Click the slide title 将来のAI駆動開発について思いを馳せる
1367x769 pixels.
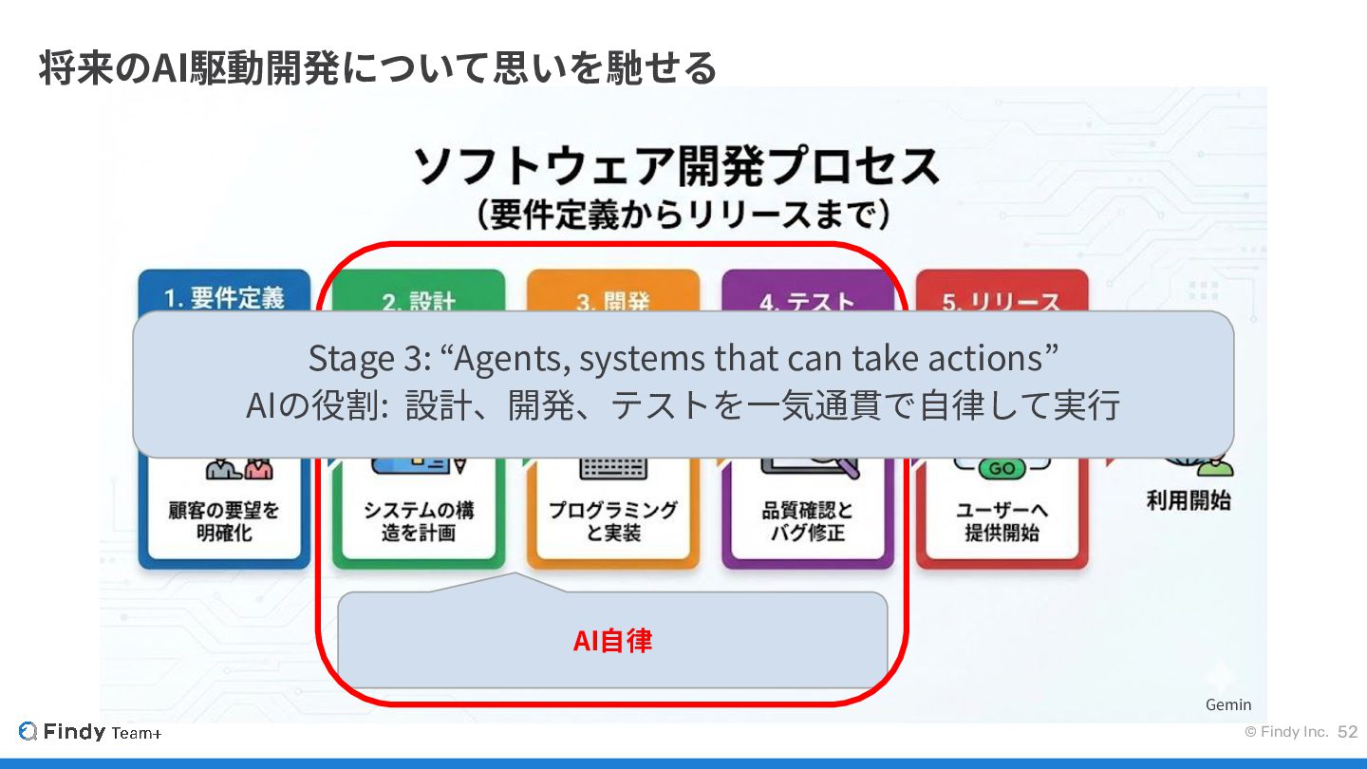pyautogui.click(x=377, y=68)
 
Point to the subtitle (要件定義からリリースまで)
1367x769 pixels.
pyautogui.click(x=683, y=216)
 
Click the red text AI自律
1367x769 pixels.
pyautogui.click(x=612, y=641)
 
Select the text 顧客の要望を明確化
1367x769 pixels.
pyautogui.click(x=224, y=521)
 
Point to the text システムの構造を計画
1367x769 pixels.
pyautogui.click(x=419, y=521)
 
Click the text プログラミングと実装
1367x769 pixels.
pyautogui.click(x=613, y=521)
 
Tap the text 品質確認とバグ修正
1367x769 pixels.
pyautogui.click(x=807, y=521)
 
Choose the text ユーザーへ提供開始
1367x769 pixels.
pyautogui.click(x=1002, y=521)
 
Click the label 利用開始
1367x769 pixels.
pyautogui.click(x=1188, y=500)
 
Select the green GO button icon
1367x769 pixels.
pyautogui.click(x=1002, y=468)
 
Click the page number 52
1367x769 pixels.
pyautogui.click(x=1348, y=732)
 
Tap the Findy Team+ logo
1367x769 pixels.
pyautogui.click(x=90, y=732)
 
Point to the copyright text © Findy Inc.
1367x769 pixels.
pyautogui.click(x=1286, y=732)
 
